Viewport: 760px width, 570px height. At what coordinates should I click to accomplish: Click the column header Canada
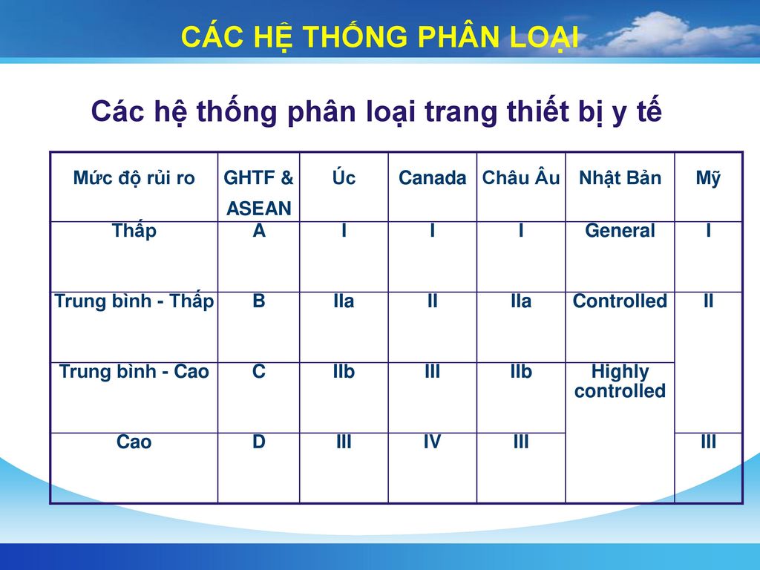[432, 178]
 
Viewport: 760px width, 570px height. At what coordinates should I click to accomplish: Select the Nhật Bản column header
[620, 178]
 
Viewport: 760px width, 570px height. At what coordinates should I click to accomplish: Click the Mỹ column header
[708, 178]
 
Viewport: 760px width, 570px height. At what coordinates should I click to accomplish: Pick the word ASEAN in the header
[259, 209]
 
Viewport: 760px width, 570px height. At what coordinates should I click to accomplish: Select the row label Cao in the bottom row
[134, 442]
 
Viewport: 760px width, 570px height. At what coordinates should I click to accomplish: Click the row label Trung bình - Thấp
[134, 301]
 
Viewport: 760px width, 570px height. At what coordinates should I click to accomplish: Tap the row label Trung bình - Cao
[134, 371]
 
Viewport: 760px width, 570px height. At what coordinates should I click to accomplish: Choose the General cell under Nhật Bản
[620, 230]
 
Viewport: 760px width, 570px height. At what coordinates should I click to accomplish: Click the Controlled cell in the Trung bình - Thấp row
[620, 301]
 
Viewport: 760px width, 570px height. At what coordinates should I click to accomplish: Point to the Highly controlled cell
[620, 381]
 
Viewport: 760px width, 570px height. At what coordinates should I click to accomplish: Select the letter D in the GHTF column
[259, 442]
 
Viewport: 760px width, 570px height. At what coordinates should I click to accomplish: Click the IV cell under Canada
[432, 442]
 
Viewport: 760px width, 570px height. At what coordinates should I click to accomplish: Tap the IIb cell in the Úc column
[344, 371]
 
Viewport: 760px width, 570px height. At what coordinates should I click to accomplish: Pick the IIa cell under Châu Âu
[520, 301]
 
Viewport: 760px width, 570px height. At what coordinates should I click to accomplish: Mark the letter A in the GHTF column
[259, 230]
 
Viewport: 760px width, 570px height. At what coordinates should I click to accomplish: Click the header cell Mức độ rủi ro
[134, 178]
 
